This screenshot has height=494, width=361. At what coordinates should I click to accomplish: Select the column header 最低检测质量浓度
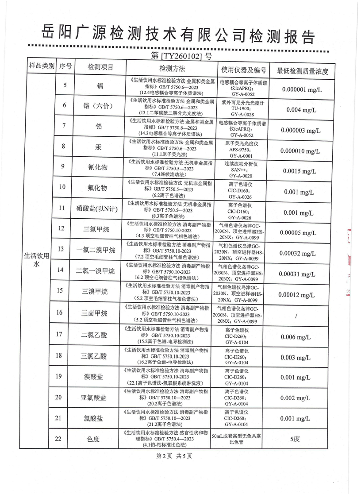pyautogui.click(x=302, y=69)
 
